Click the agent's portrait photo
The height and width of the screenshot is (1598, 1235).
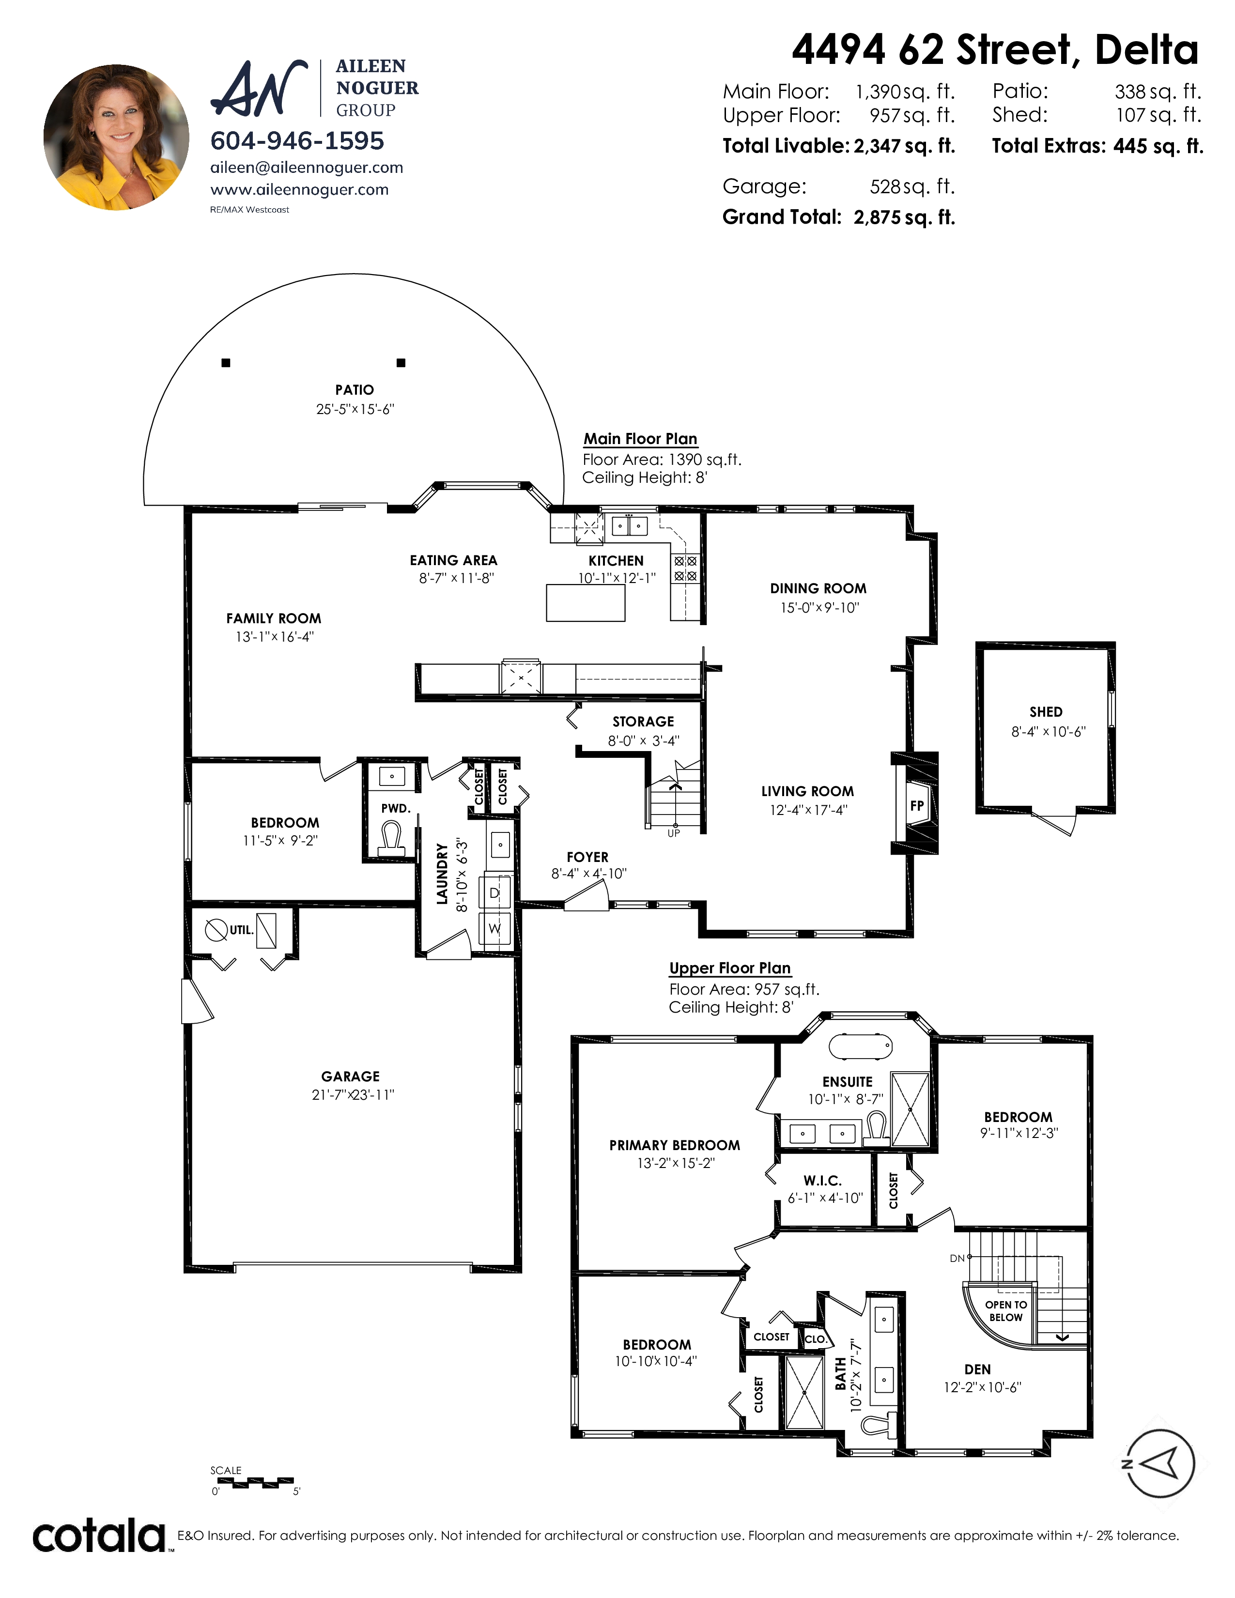(x=116, y=138)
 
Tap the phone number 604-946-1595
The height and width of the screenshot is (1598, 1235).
(x=297, y=140)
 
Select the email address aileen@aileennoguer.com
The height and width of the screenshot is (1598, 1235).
(x=307, y=168)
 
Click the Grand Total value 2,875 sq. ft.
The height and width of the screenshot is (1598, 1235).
(x=904, y=217)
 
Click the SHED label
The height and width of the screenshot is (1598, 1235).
(x=1046, y=712)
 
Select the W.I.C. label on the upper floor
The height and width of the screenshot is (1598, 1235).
(x=822, y=1181)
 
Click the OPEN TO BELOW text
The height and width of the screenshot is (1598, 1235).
(x=1006, y=1311)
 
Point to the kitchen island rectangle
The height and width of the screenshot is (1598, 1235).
(x=586, y=603)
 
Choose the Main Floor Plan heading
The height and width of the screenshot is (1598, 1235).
(x=640, y=439)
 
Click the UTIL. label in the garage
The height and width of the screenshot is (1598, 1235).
(x=242, y=930)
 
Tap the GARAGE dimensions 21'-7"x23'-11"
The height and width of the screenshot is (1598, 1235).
(x=353, y=1094)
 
